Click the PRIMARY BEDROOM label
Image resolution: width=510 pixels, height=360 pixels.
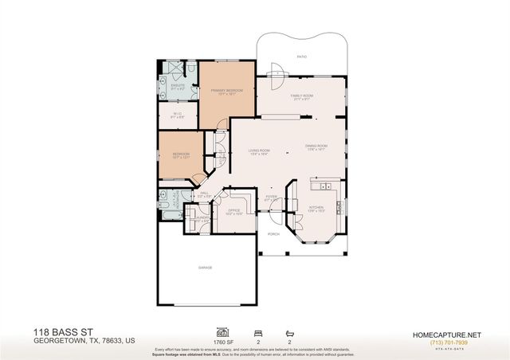(226, 92)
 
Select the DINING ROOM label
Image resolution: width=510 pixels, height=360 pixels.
(316, 146)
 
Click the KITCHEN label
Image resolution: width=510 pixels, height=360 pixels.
(317, 209)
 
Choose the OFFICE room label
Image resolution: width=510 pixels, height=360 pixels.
(234, 210)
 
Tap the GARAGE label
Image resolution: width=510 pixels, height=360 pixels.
(205, 268)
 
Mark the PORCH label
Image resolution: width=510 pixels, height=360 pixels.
(273, 234)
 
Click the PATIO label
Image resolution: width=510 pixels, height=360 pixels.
(302, 57)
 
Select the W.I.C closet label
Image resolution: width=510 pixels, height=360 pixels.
(178, 114)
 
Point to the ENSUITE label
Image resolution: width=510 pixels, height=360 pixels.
(178, 85)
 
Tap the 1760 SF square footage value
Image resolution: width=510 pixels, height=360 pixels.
(221, 340)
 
